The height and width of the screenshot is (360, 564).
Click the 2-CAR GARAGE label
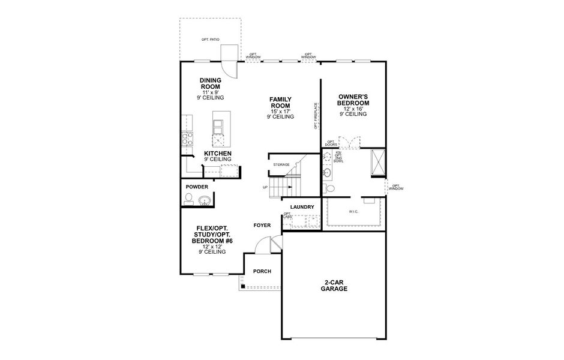coord(334,285)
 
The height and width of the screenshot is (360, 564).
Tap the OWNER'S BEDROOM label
coord(353,100)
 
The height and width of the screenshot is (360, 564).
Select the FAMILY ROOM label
coord(280,103)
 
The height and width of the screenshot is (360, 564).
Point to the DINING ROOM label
coord(211,83)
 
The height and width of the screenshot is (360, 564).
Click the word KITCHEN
coord(217,154)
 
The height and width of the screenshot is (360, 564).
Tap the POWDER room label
coord(197,187)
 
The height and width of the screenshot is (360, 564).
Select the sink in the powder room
coord(205,201)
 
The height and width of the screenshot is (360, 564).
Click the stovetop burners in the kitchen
coord(186,139)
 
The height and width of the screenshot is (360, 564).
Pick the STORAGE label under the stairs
coord(281,164)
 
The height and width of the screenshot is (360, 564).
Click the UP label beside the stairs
coord(265,187)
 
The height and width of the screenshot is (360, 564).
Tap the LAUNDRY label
coord(302,207)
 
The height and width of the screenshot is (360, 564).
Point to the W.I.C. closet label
coord(353,211)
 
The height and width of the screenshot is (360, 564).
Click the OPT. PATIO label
coord(210,40)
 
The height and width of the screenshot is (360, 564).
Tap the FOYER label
coord(262,225)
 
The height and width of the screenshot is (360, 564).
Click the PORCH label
coord(262,271)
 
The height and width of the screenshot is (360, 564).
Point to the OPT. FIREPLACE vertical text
coord(316,116)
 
